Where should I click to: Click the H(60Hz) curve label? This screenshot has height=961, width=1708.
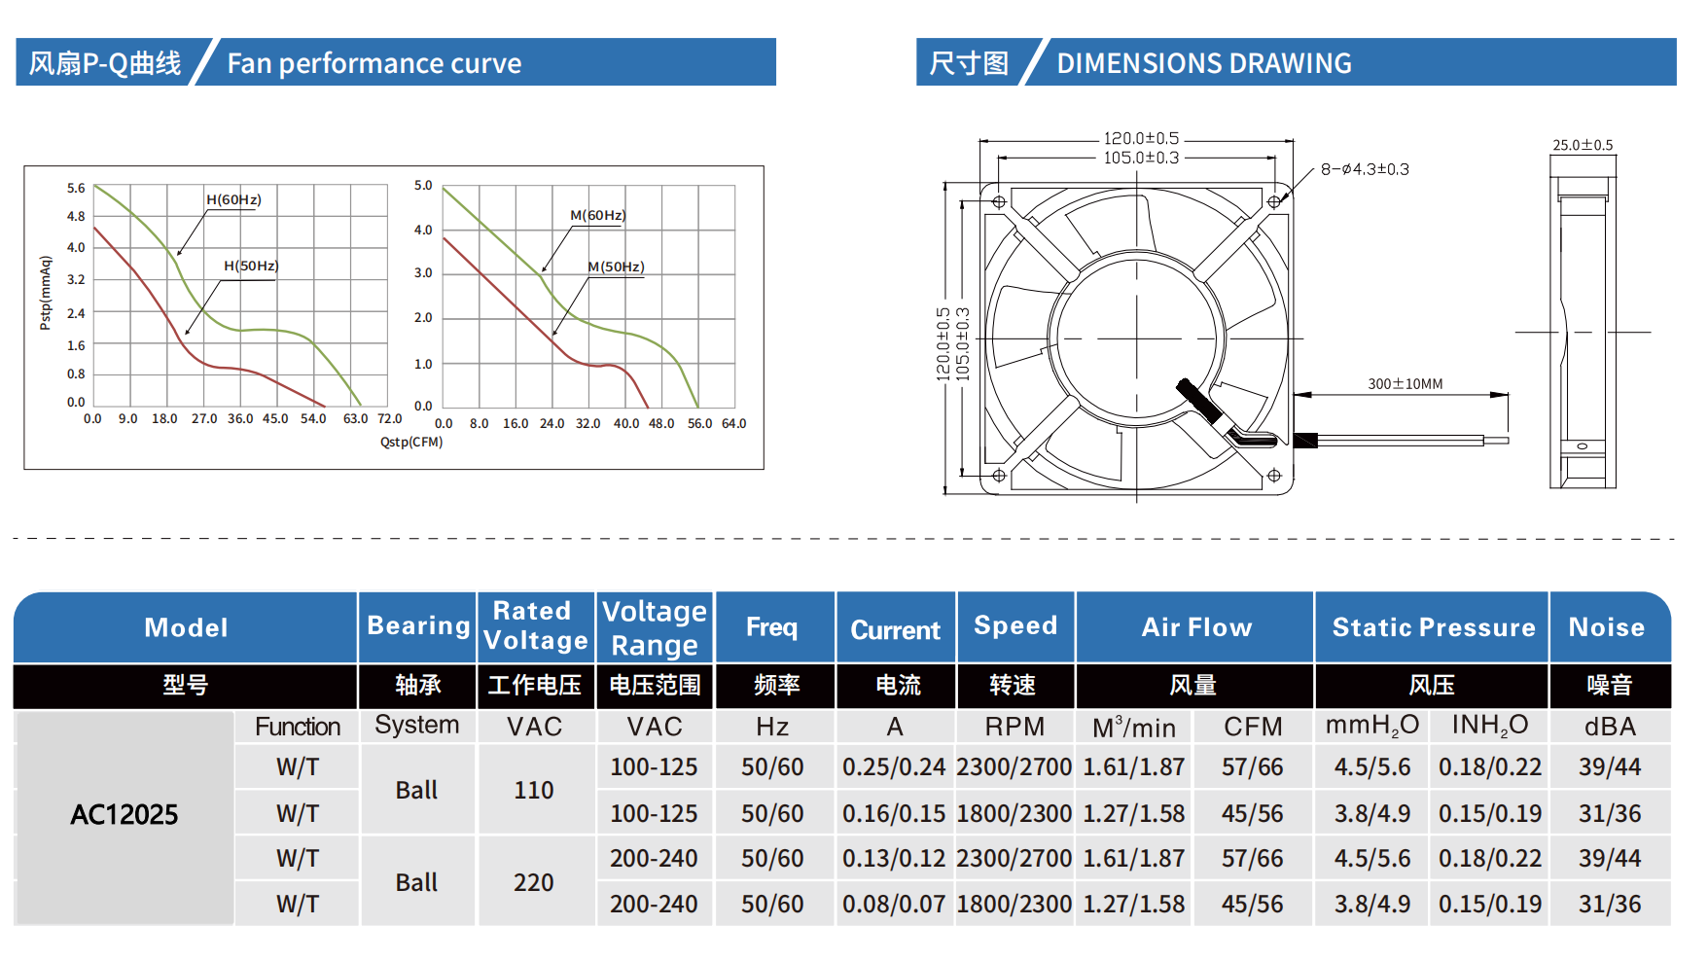233,200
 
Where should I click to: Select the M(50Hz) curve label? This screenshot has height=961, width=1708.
616,267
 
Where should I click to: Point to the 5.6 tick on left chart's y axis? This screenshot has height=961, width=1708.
76,188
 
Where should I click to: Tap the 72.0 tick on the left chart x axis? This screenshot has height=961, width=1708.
389,419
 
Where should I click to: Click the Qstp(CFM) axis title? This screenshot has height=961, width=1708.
411,443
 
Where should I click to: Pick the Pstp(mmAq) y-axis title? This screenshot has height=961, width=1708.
45,293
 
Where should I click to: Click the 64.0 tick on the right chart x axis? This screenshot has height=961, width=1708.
733,424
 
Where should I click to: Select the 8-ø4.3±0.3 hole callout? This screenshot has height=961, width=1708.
1365,169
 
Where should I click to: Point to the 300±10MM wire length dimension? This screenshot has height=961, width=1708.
1405,384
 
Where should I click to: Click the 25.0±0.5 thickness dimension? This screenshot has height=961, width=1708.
1582,146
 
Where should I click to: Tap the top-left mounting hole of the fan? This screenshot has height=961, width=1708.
999,202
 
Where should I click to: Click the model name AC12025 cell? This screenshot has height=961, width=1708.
125,815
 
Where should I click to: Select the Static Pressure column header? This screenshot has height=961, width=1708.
1433,628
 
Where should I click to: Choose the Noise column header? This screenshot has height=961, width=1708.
1606,628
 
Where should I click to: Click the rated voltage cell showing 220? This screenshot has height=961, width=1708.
534,883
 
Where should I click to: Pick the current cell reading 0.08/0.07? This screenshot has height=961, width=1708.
894,905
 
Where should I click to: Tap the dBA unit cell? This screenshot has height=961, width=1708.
1610,727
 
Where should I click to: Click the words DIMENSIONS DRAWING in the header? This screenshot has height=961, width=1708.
1203,64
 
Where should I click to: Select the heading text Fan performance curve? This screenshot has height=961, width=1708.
374,64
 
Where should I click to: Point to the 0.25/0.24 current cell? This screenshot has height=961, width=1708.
894,767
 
